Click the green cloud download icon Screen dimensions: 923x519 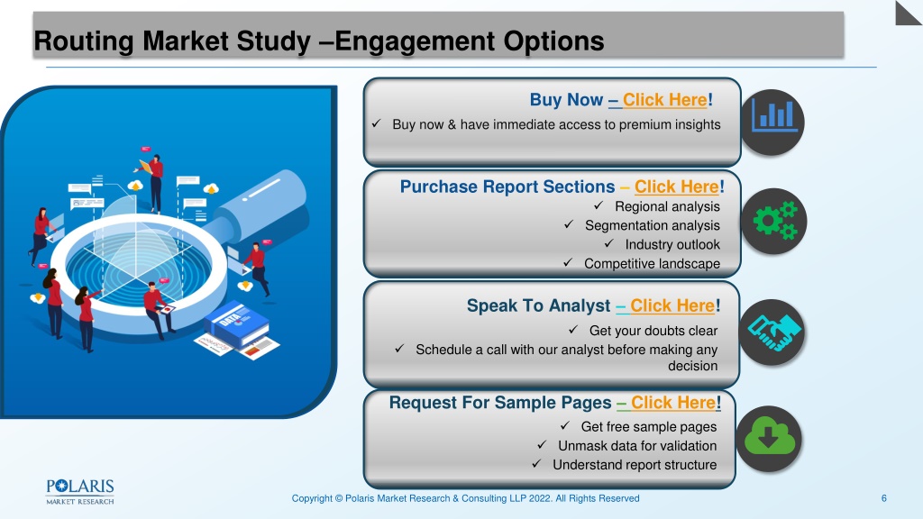(x=769, y=438)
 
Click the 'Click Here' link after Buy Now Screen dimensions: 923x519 (x=664, y=100)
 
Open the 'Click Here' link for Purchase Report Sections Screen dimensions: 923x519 (x=676, y=187)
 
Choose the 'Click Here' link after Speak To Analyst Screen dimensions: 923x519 (x=672, y=305)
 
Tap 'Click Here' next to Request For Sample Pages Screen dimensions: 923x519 (x=673, y=403)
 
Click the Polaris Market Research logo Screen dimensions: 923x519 (x=80, y=492)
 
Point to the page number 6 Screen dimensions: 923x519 (x=883, y=498)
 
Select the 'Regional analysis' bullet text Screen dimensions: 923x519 (x=667, y=206)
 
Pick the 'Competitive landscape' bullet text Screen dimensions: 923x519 (x=652, y=264)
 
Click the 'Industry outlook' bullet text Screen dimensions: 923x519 (x=672, y=244)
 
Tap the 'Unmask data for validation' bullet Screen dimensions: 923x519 (x=637, y=445)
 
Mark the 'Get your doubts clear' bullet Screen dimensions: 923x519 (x=653, y=331)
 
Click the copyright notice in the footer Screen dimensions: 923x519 (x=465, y=498)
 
